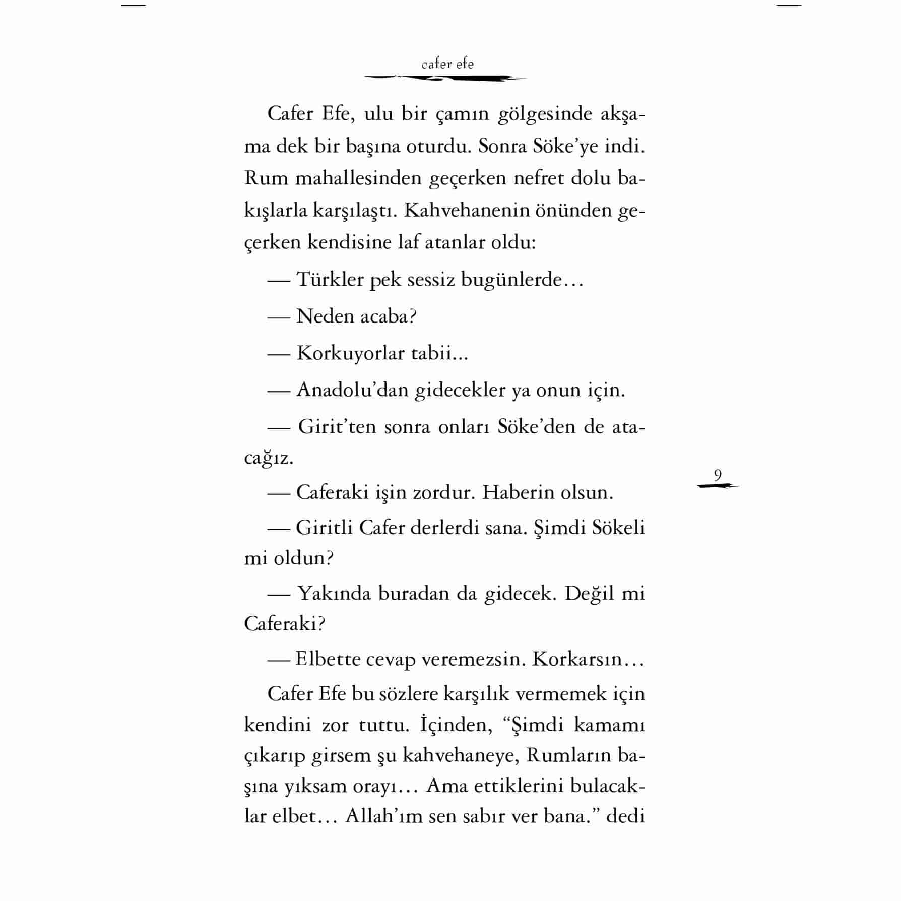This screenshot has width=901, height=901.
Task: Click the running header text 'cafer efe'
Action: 447,64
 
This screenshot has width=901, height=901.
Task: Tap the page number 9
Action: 718,475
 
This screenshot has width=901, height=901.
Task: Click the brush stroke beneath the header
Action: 445,78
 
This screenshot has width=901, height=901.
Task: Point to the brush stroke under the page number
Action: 718,486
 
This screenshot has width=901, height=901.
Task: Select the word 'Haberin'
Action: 510,492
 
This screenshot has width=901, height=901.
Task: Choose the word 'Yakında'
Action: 334,593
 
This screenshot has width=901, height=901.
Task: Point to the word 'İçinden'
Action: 456,725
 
